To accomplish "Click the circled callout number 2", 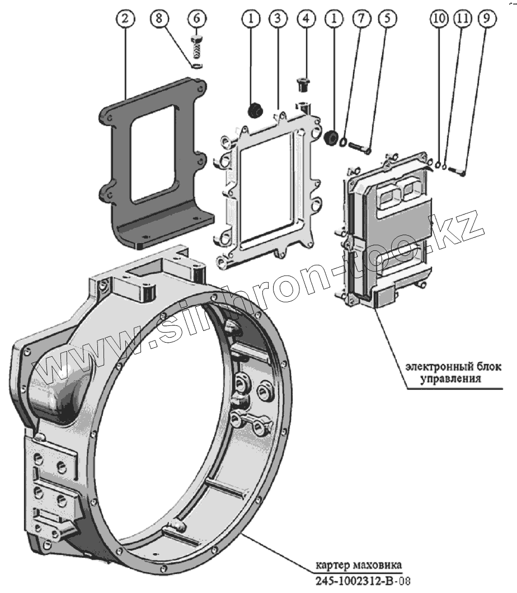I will pyautogui.click(x=125, y=19).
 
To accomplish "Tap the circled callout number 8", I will pyautogui.click(x=159, y=19).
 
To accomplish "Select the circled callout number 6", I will pyautogui.click(x=196, y=19).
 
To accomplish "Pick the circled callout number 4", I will pyautogui.click(x=305, y=19).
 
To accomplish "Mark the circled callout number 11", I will pyautogui.click(x=462, y=19).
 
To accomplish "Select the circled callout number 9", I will pyautogui.click(x=487, y=19).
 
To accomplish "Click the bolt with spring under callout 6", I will pyautogui.click(x=197, y=48).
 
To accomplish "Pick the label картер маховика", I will pyautogui.click(x=356, y=564).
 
